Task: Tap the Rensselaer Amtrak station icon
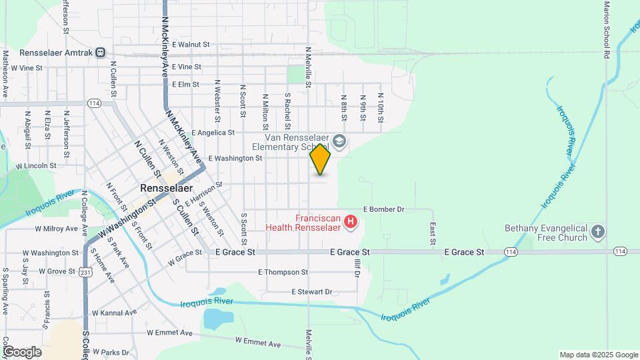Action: (x=100, y=52)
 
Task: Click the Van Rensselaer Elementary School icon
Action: (x=339, y=141)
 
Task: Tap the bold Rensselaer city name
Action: (x=167, y=189)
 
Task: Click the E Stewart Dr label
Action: (x=312, y=292)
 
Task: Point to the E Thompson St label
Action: (x=283, y=272)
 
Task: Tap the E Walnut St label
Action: (x=191, y=45)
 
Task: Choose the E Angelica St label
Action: (x=213, y=133)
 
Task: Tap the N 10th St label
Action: (x=380, y=107)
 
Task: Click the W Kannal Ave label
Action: (x=114, y=312)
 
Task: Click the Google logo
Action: (x=22, y=352)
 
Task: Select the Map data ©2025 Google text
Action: (x=598, y=355)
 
